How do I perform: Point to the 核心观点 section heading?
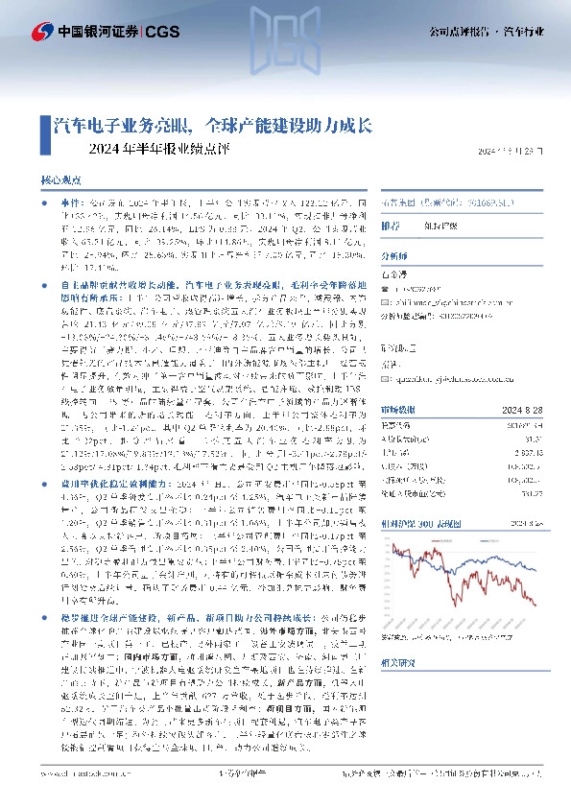pyautogui.click(x=59, y=178)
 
